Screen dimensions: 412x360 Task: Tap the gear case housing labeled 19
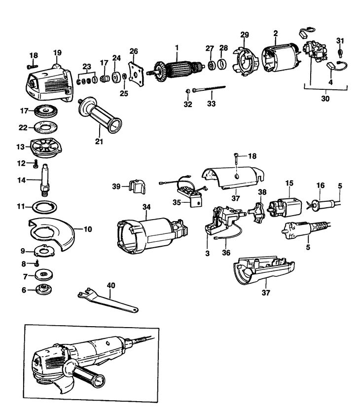[47, 79]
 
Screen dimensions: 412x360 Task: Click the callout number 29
[245, 35]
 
